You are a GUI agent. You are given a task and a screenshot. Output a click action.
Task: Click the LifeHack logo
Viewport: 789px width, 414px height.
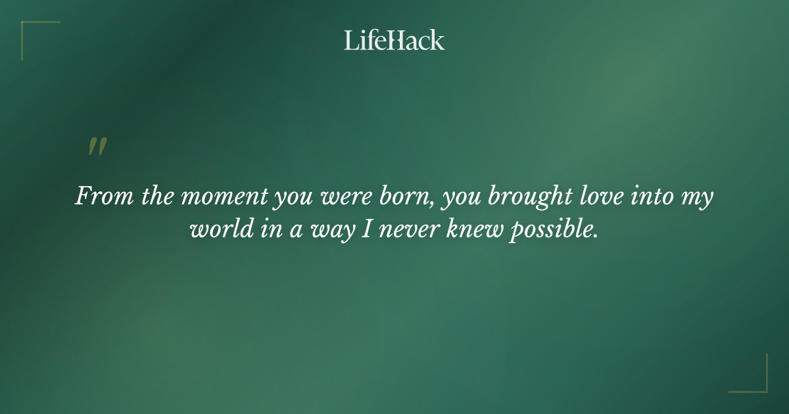point(394,41)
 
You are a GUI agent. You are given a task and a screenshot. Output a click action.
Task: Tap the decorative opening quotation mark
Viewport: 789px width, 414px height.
point(97,147)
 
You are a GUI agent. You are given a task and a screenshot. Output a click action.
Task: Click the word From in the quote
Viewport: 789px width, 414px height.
point(99,196)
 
